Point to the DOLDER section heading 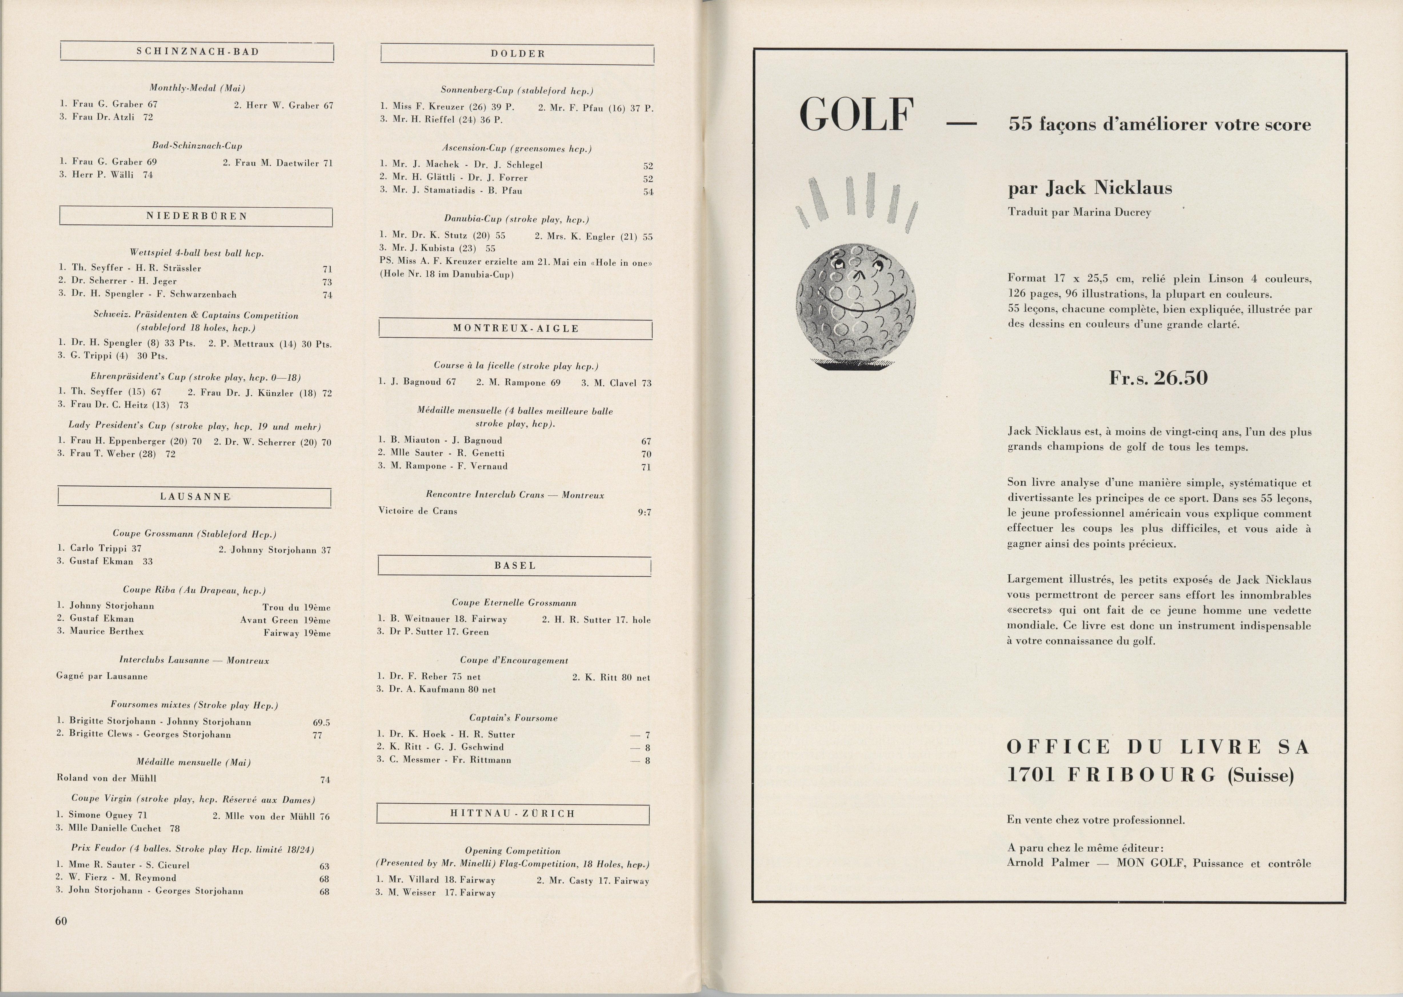[x=518, y=54]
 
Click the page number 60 [x=61, y=921]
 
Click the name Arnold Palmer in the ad [x=1048, y=863]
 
